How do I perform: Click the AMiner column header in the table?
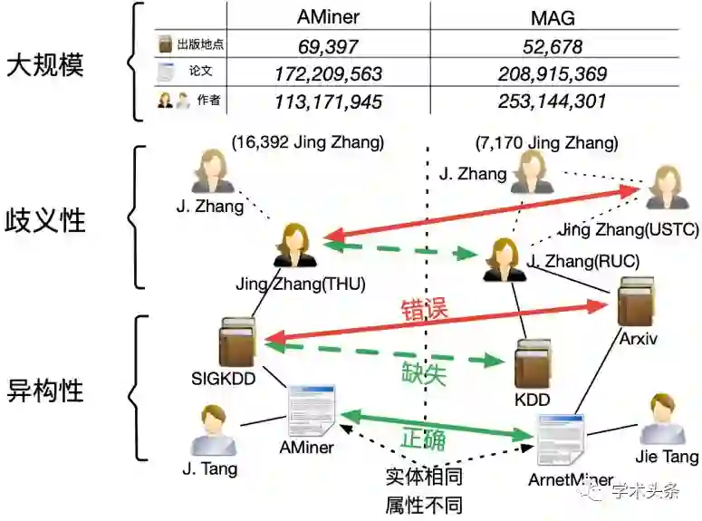pyautogui.click(x=328, y=17)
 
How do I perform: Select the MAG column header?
pyautogui.click(x=553, y=17)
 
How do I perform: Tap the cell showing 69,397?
pyautogui.click(x=328, y=46)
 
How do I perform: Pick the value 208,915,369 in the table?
pyautogui.click(x=553, y=73)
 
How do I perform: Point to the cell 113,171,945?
pyautogui.click(x=328, y=101)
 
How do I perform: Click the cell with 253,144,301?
pyautogui.click(x=553, y=101)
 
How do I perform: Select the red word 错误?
pyautogui.click(x=424, y=308)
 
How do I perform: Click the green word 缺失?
pyautogui.click(x=424, y=371)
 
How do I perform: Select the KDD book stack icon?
pyautogui.click(x=533, y=364)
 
